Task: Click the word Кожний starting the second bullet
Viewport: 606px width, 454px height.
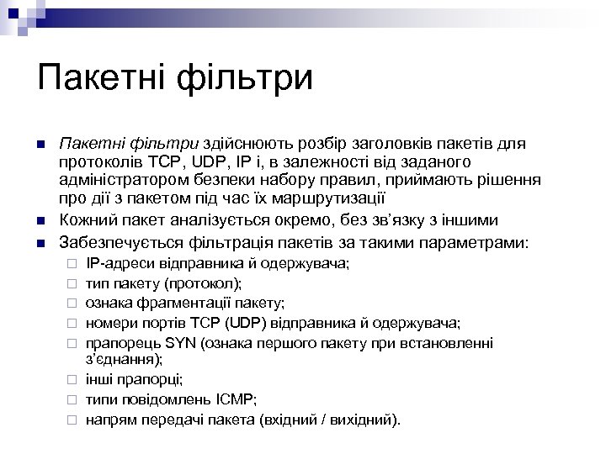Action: (x=83, y=220)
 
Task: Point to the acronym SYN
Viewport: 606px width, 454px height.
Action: (x=178, y=342)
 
